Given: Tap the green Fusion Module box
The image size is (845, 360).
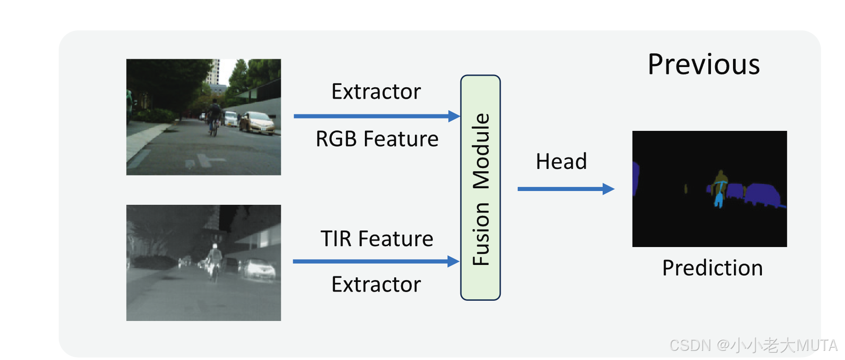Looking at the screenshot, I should pyautogui.click(x=480, y=187).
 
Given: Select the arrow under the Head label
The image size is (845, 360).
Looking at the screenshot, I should pyautogui.click(x=565, y=189).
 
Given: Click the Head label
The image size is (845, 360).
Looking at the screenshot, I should pyautogui.click(x=561, y=162).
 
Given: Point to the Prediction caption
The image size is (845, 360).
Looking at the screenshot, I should pyautogui.click(x=712, y=268).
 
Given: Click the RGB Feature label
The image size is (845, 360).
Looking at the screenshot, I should pyautogui.click(x=377, y=139).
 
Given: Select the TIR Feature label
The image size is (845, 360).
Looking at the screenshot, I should pyautogui.click(x=376, y=239).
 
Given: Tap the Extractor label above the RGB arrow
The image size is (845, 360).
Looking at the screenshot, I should pyautogui.click(x=376, y=92).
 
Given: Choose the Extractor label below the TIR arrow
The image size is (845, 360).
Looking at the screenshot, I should pyautogui.click(x=376, y=285).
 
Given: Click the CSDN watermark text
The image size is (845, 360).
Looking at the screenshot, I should pyautogui.click(x=753, y=345).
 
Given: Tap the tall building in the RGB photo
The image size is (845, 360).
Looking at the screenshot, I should pyautogui.click(x=213, y=73).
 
